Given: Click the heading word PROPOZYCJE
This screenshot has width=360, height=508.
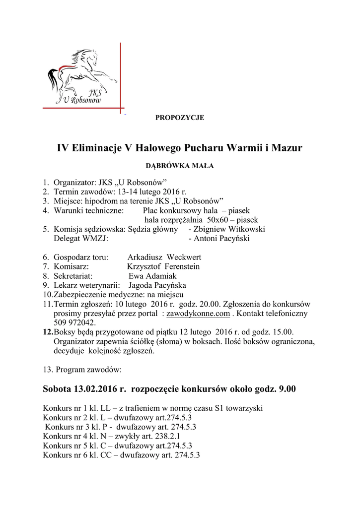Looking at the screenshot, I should [180, 118].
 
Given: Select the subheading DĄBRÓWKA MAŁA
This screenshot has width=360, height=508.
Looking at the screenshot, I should [180, 166].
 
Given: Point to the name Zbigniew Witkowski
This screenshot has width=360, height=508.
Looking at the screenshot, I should [229, 229].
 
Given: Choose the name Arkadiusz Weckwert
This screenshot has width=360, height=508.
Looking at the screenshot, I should [164, 257].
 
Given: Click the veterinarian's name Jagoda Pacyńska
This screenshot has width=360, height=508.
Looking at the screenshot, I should [157, 286].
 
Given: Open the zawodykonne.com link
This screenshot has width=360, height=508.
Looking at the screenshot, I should [198, 314].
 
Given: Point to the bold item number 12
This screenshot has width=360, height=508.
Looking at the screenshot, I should [48, 332].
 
